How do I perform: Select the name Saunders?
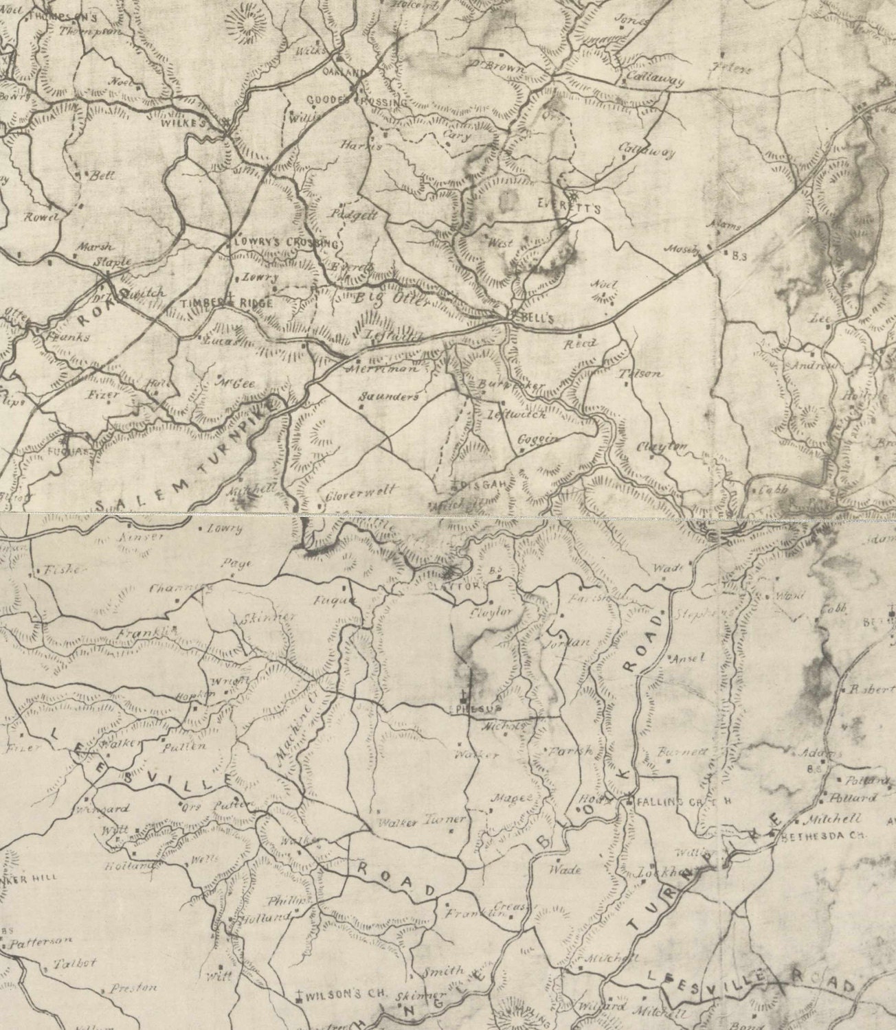[x=389, y=396]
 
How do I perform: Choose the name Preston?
[x=133, y=989]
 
